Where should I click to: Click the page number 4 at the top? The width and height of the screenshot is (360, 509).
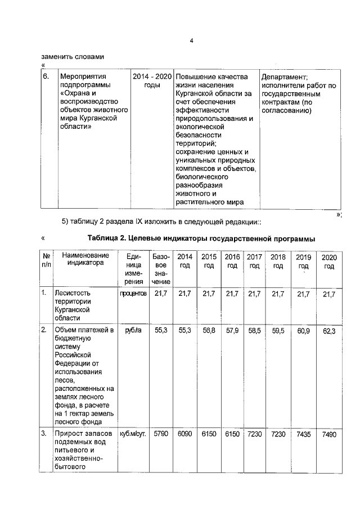[191, 41]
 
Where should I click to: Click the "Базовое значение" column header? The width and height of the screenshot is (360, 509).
[161, 269]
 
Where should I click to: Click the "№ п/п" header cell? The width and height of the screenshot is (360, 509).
[46, 261]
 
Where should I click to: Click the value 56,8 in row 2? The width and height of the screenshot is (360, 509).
[209, 330]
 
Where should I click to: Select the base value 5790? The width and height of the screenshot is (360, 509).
[161, 435]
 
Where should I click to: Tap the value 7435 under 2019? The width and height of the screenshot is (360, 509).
[303, 435]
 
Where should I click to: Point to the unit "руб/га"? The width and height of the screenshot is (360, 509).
[133, 330]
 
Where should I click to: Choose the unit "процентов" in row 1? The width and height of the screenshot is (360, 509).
[133, 294]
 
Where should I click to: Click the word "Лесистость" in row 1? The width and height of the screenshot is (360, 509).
[73, 293]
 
